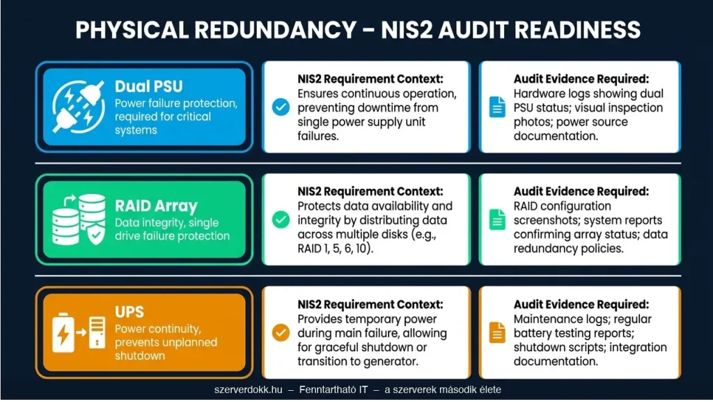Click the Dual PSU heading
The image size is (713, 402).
click(x=149, y=86)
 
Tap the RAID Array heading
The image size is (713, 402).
click(x=156, y=206)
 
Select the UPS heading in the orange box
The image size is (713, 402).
click(x=129, y=312)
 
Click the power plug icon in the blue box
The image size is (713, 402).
click(x=78, y=107)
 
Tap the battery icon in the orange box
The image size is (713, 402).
click(x=63, y=333)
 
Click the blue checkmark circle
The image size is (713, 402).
click(x=281, y=107)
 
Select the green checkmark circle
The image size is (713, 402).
click(x=281, y=219)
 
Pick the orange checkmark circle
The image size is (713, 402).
click(x=281, y=332)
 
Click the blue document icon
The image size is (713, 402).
click(x=497, y=107)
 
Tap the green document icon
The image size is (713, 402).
click(x=497, y=219)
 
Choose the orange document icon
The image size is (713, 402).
click(x=497, y=332)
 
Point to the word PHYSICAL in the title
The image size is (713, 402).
click(x=132, y=30)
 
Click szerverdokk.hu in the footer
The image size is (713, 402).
click(x=249, y=389)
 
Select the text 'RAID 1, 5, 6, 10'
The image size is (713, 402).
click(x=334, y=249)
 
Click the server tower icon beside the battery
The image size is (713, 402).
click(x=97, y=332)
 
